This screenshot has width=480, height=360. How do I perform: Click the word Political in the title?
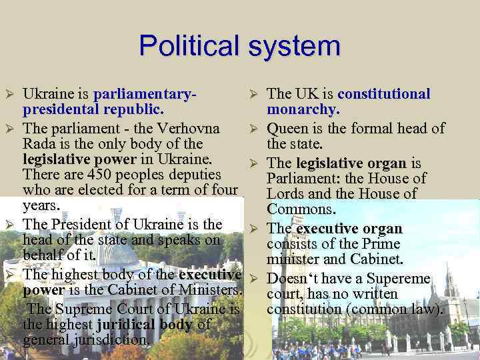189,47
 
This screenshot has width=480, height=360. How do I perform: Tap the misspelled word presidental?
59,109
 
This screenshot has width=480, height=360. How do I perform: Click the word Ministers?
207,291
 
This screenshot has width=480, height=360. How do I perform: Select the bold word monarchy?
303,109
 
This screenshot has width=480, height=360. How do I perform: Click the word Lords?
287,193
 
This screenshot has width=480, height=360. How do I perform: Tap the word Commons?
299,209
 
